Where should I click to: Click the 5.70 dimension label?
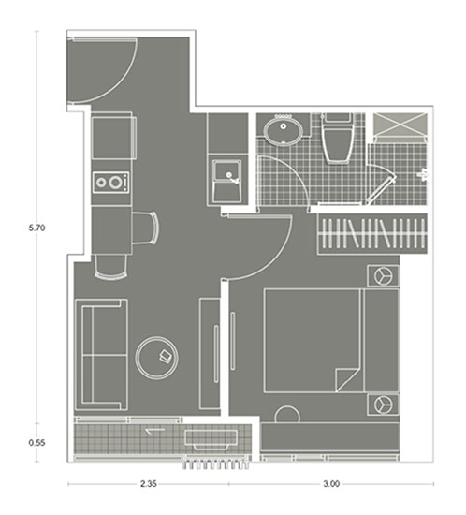click(36, 228)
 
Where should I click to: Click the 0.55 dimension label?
click(36, 443)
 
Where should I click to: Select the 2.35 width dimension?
click(149, 484)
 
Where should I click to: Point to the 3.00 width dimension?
click(331, 484)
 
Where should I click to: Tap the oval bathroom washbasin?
click(283, 129)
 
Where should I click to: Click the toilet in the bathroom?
click(337, 139)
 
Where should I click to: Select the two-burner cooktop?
click(111, 183)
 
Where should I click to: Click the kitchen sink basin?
click(227, 182)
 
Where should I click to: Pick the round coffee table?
click(157, 358)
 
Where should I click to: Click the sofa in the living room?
click(101, 355)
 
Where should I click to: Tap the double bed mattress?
click(313, 340)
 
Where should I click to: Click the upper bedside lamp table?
click(383, 275)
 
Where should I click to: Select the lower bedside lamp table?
click(383, 405)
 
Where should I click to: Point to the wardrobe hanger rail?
click(372, 233)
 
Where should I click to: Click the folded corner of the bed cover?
click(348, 379)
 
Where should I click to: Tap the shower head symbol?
click(423, 173)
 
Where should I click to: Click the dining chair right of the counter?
click(146, 228)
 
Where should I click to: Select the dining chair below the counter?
click(110, 267)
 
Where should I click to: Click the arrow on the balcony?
click(155, 431)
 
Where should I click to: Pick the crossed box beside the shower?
click(400, 125)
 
